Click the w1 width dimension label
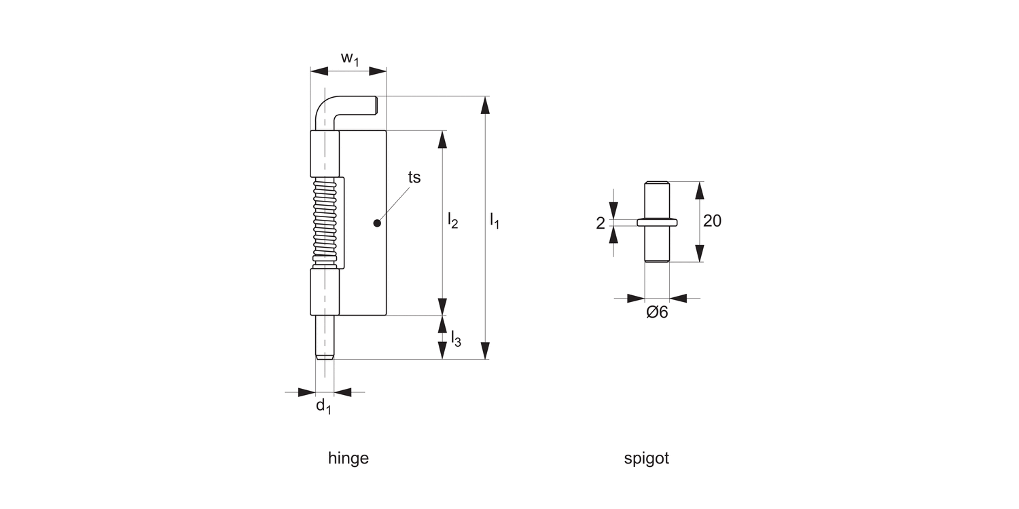[349, 59]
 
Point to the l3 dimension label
[456, 338]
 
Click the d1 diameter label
[323, 406]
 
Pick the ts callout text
[414, 177]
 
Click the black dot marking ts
[377, 223]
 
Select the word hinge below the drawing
[348, 458]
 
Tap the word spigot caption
[646, 458]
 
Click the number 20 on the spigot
[712, 221]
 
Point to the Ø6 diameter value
[657, 313]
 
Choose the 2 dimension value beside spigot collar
[600, 223]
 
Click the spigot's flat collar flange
[657, 221]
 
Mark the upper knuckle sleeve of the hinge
[325, 154]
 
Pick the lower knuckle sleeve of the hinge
[325, 292]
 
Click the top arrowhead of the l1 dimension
[484, 105]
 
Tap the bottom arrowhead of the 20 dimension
[698, 253]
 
